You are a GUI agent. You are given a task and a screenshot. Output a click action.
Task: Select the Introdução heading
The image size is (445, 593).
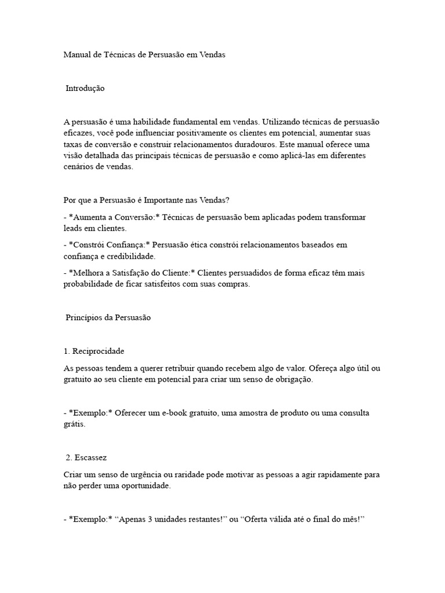85,89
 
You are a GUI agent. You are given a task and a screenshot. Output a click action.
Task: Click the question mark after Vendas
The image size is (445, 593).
228,200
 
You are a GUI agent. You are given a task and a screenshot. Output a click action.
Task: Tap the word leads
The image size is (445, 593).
72,228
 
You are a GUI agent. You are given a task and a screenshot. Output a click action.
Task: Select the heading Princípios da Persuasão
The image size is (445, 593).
108,318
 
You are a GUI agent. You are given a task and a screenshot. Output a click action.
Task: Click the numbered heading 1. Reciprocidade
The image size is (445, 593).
93,352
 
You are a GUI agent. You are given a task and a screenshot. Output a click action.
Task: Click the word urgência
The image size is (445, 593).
143,474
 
